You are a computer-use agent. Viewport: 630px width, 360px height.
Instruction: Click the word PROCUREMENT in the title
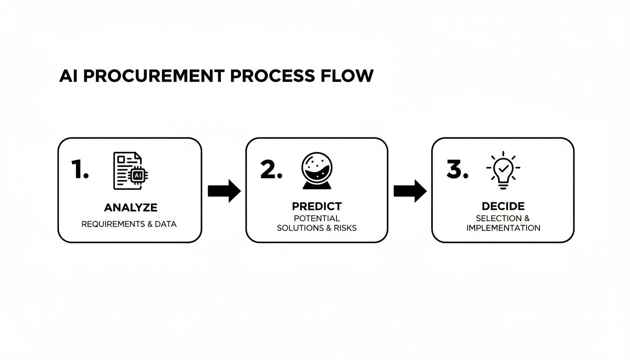click(x=151, y=76)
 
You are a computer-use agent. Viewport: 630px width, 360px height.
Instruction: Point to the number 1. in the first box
click(x=80, y=170)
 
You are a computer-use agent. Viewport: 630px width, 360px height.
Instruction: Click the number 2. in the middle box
click(x=271, y=170)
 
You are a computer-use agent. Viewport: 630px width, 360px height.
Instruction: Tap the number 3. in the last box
click(x=457, y=170)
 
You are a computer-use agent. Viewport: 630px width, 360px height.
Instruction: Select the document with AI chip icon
click(x=131, y=171)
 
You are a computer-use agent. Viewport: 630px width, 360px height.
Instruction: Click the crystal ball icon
click(x=316, y=170)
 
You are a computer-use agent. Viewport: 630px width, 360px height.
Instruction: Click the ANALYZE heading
click(x=131, y=207)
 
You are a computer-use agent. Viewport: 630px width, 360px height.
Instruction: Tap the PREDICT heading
click(x=317, y=206)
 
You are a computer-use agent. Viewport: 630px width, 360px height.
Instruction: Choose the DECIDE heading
click(x=503, y=206)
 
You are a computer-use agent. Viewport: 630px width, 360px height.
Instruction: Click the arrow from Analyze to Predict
click(x=224, y=191)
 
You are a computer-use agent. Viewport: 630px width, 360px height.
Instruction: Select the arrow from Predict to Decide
click(x=410, y=191)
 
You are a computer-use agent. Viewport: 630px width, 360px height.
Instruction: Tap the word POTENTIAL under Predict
click(x=317, y=218)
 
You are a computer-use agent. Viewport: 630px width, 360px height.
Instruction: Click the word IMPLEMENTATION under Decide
click(x=503, y=228)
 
